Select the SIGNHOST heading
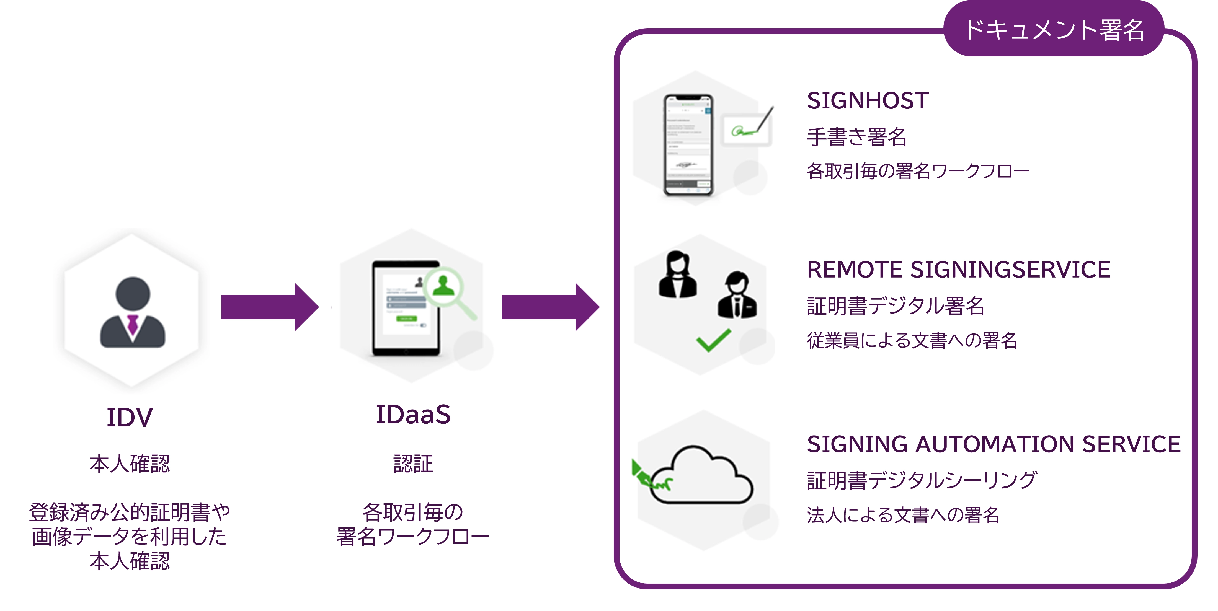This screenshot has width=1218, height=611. point(868,101)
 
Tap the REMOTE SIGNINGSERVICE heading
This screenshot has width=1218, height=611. point(958,270)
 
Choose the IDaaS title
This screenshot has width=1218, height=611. point(413,415)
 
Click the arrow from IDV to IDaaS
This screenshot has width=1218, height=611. point(270,307)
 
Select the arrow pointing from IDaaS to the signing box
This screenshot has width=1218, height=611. point(550,307)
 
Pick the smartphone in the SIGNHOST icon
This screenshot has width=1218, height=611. point(688,145)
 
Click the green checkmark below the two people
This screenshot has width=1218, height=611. point(713,340)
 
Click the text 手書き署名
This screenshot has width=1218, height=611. point(856,137)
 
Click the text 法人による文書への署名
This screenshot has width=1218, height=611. point(903,515)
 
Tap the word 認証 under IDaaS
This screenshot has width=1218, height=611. point(413,464)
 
